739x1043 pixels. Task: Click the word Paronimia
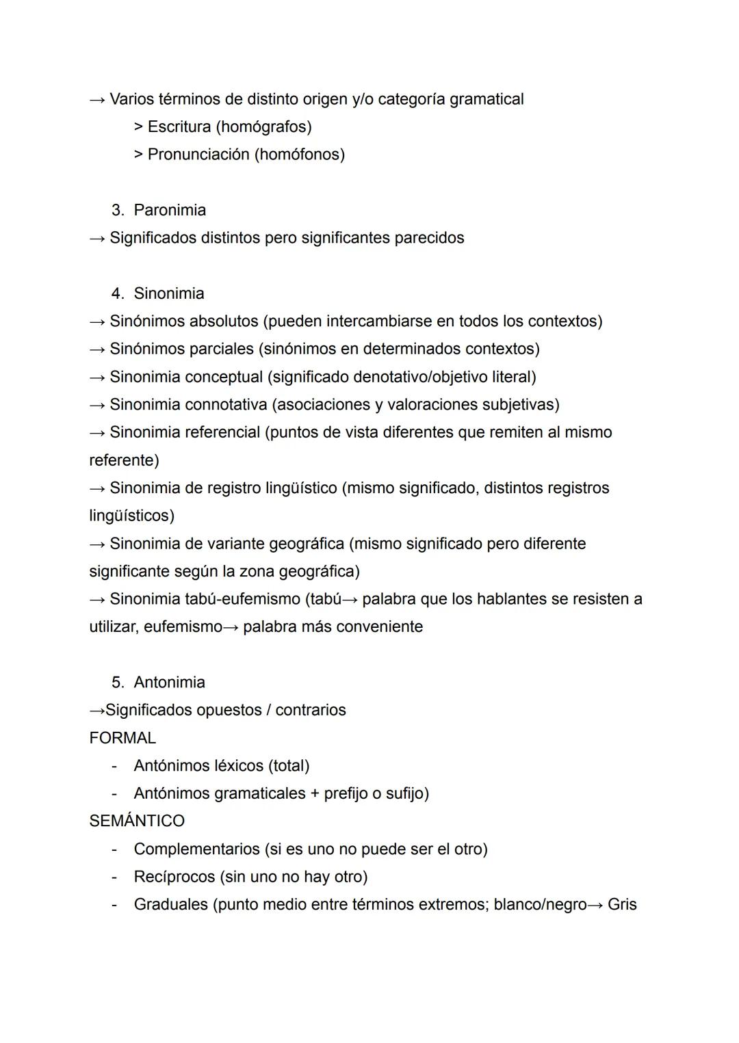(x=170, y=210)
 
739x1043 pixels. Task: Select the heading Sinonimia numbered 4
(x=169, y=293)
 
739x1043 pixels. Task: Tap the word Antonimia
(x=169, y=683)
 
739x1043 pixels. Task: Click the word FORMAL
(x=122, y=738)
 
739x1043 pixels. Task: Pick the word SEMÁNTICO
(x=137, y=821)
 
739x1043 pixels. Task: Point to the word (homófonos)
(x=300, y=155)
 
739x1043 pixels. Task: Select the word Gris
(x=622, y=904)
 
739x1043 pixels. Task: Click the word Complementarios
(x=197, y=849)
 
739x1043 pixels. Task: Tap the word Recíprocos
(x=174, y=877)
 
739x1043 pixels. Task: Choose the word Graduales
(x=171, y=904)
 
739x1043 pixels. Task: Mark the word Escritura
(x=179, y=127)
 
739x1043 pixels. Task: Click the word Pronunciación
(x=198, y=155)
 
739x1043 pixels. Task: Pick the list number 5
(x=118, y=683)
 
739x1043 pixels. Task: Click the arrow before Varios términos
(x=97, y=100)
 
